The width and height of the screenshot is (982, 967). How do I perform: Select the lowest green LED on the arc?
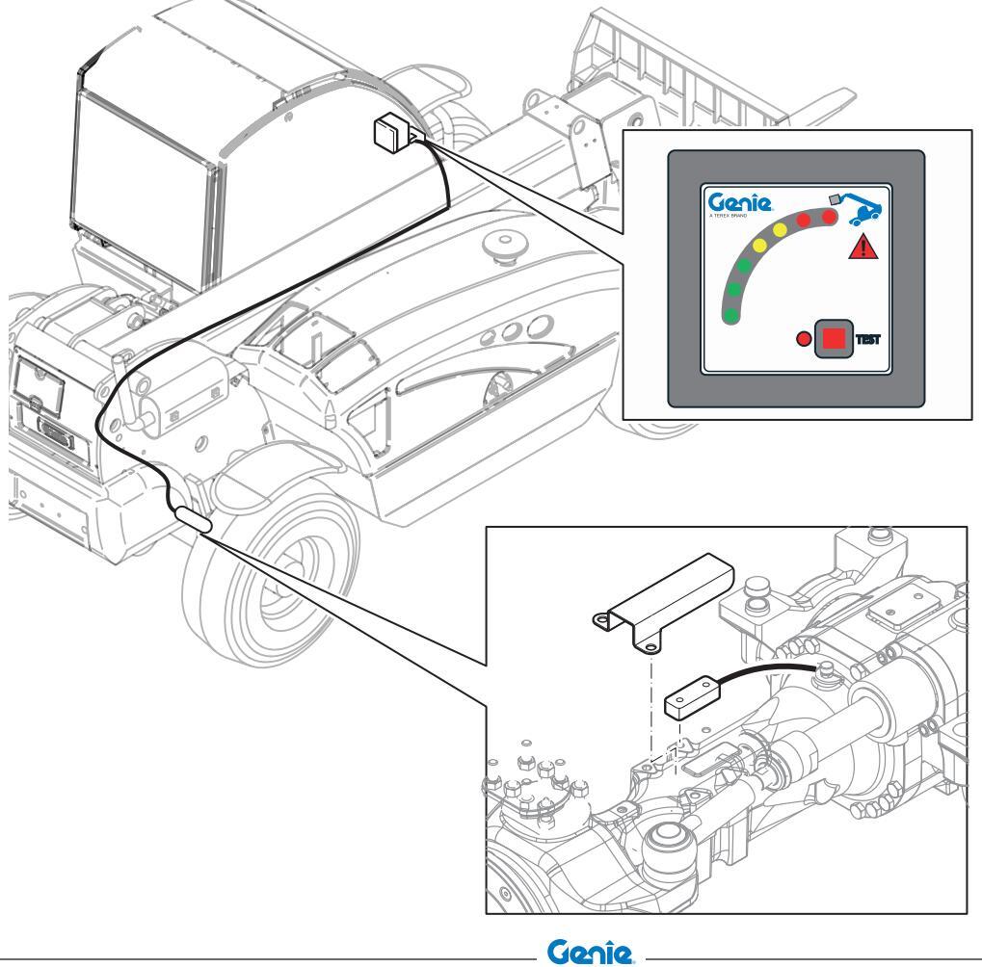click(x=732, y=314)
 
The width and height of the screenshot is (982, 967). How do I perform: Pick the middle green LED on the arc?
click(x=733, y=288)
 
